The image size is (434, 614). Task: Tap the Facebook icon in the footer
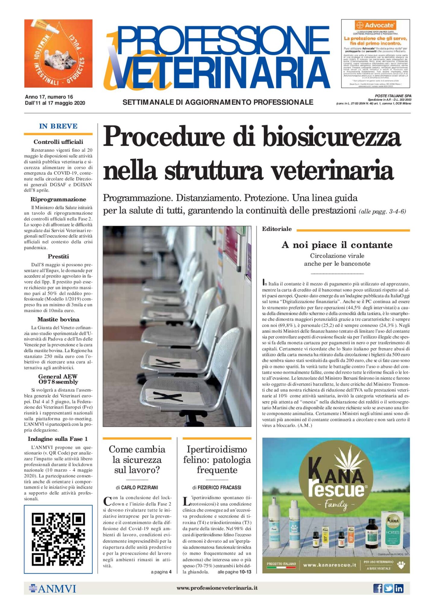click(x=378, y=588)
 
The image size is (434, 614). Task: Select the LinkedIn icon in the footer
click(x=399, y=588)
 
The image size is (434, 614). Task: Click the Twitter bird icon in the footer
click(x=388, y=588)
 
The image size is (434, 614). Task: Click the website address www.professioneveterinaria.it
click(x=217, y=588)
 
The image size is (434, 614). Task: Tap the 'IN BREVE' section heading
click(x=58, y=126)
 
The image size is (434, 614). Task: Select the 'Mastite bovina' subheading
click(x=58, y=319)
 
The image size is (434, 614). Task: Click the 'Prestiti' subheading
click(x=58, y=256)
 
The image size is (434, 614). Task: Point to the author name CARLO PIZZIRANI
click(x=139, y=487)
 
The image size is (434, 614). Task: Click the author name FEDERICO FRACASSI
click(x=219, y=487)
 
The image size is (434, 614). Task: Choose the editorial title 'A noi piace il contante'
click(x=337, y=245)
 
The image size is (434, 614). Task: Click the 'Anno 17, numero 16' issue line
click(x=49, y=97)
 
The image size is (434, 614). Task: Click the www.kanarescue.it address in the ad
click(x=329, y=565)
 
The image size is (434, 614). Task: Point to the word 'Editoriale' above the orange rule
click(x=277, y=229)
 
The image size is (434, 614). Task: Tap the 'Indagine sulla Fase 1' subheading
click(x=58, y=439)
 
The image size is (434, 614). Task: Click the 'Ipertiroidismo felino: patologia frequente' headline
click(x=217, y=459)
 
